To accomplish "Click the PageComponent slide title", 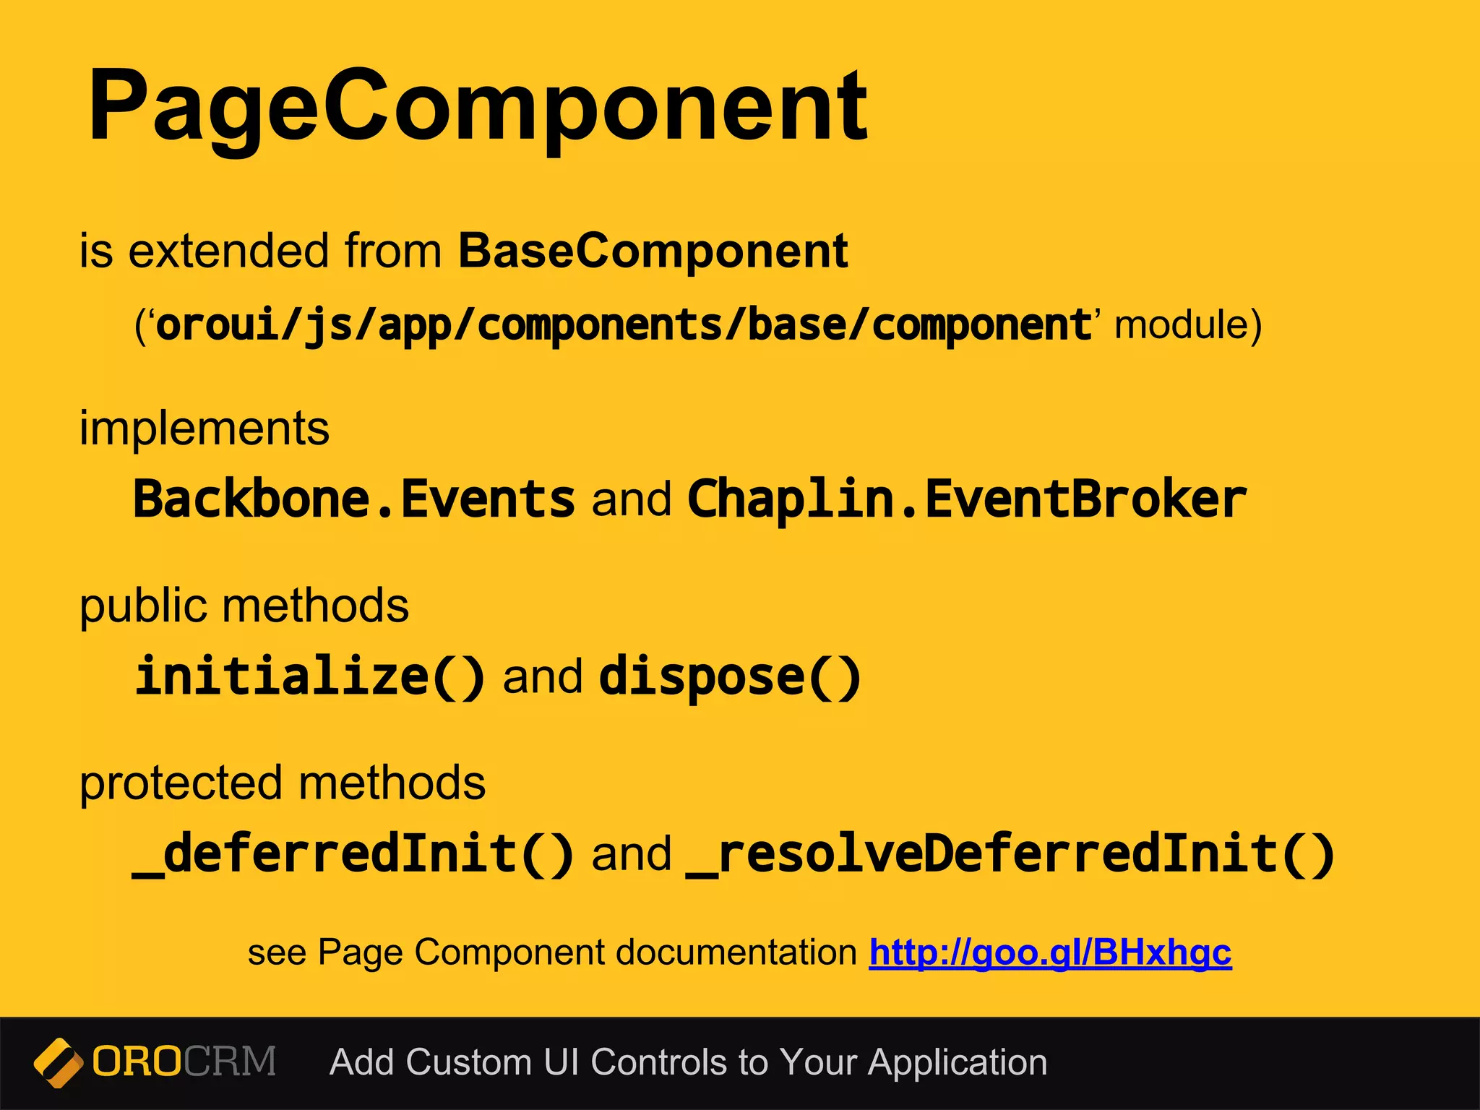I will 477,107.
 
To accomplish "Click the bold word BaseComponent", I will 653,251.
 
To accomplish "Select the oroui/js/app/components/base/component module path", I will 623,324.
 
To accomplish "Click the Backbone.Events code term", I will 354,499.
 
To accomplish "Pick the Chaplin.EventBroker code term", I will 967,499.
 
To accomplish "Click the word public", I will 142,606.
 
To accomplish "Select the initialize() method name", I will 309,676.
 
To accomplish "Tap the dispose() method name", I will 730,676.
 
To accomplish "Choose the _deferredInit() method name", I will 353,853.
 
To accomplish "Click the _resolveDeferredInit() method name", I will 1010,853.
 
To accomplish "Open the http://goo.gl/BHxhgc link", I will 1050,952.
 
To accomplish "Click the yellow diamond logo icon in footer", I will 58,1062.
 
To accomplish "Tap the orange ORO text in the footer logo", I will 137,1062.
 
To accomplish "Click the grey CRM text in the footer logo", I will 230,1062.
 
